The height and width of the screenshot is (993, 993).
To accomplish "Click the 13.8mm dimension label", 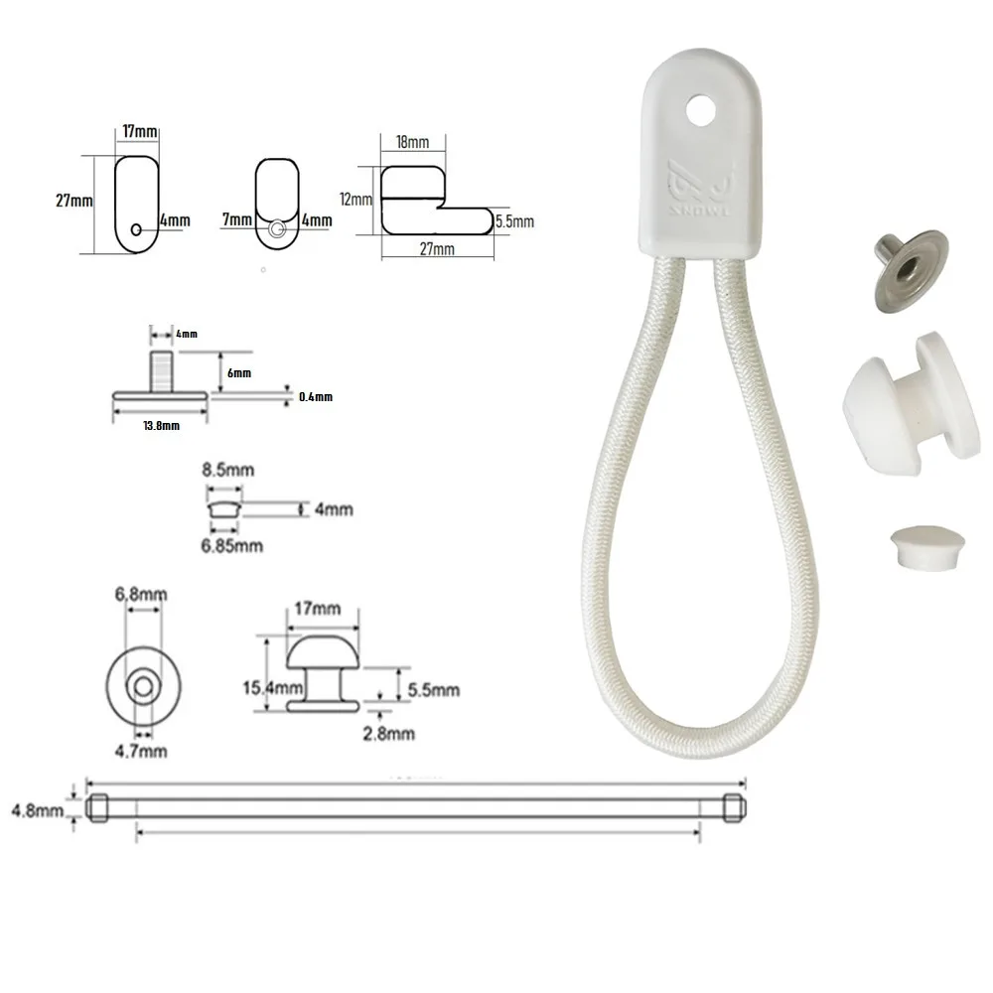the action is (162, 426).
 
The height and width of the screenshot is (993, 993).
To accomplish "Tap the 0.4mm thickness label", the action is (316, 397).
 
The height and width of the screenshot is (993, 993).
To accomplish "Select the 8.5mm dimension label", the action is (228, 470).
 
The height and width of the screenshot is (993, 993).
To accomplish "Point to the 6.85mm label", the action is (231, 546).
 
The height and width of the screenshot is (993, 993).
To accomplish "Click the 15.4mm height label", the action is (265, 687).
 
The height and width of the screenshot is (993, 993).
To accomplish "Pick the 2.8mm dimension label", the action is (389, 734).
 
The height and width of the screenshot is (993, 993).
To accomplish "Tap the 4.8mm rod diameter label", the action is (38, 810).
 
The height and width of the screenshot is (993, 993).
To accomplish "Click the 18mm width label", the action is (412, 142).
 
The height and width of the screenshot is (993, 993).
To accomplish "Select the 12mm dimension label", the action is (355, 200).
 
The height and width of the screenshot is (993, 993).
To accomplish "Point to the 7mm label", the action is (237, 219).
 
